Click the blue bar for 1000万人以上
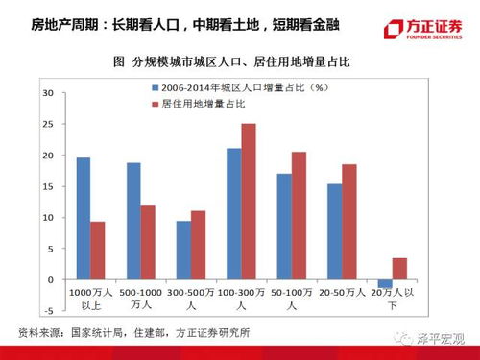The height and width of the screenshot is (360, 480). click(84, 218)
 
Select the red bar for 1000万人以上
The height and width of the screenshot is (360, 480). click(99, 250)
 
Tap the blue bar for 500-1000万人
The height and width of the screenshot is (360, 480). click(133, 221)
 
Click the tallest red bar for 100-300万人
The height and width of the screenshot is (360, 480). click(249, 201)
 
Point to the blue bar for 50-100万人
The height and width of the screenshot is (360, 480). click(283, 226)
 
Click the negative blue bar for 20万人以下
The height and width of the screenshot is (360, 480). click(384, 283)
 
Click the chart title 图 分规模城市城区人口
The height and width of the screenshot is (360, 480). click(230, 62)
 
